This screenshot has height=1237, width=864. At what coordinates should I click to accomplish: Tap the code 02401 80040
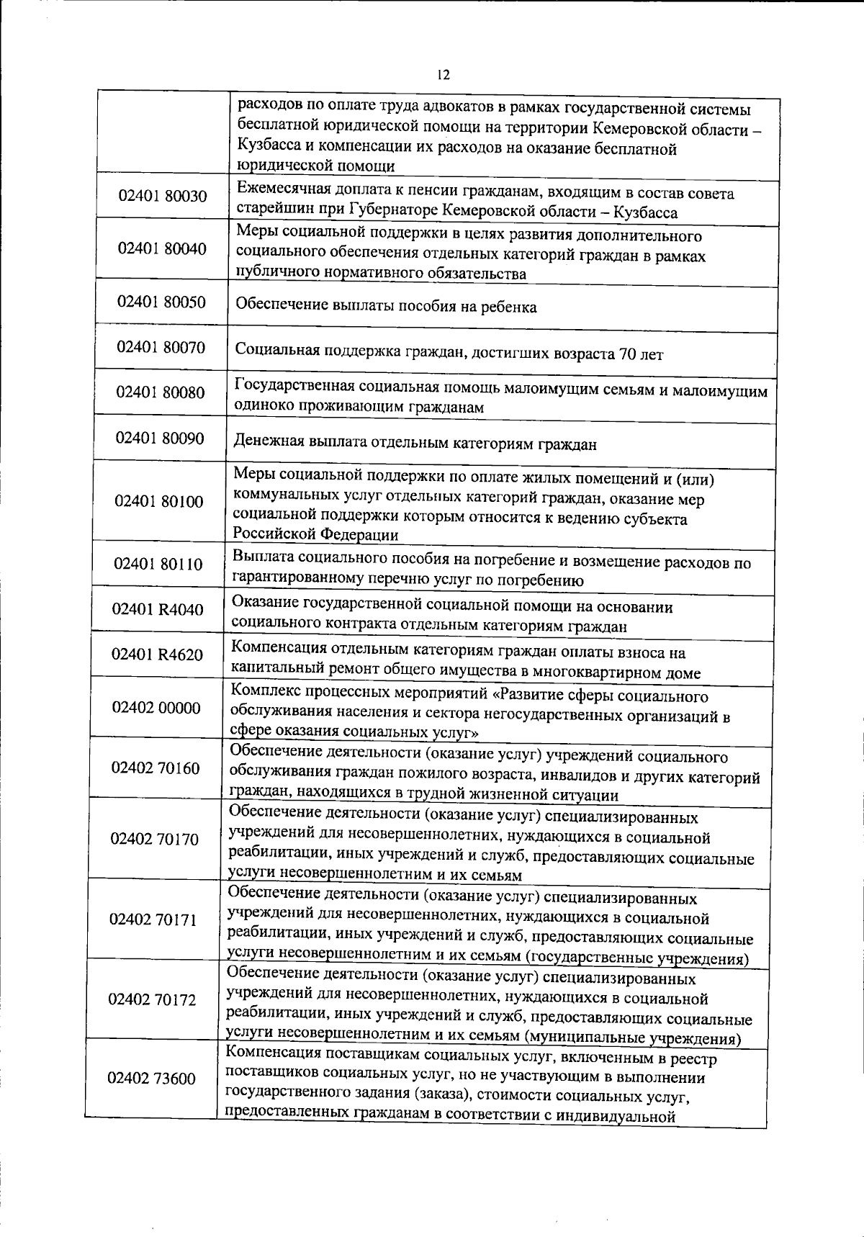click(x=162, y=249)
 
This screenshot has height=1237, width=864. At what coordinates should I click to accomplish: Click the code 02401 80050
click(x=161, y=302)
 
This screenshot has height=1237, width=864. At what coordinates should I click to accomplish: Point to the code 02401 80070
click(x=161, y=348)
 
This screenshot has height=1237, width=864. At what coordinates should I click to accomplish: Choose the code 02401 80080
click(x=161, y=392)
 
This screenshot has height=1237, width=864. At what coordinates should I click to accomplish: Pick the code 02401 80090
click(x=160, y=438)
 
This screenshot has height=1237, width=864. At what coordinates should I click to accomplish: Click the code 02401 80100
click(x=159, y=502)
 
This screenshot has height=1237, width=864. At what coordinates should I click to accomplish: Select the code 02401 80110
click(x=158, y=564)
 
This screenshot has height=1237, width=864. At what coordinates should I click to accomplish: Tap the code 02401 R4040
click(x=158, y=610)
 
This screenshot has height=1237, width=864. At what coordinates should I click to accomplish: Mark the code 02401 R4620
click(x=157, y=655)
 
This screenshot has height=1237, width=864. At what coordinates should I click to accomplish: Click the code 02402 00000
click(x=156, y=708)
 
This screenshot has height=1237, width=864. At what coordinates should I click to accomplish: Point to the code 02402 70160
click(x=156, y=768)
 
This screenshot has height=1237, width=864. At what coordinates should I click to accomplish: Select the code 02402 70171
click(x=153, y=920)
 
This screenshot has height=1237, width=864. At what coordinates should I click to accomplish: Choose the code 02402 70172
click(x=152, y=1000)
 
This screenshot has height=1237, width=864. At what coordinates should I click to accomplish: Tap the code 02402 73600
click(x=151, y=1079)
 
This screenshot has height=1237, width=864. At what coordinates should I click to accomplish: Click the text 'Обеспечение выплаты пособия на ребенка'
click(x=386, y=307)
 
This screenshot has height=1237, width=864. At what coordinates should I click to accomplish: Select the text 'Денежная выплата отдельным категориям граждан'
click(x=414, y=444)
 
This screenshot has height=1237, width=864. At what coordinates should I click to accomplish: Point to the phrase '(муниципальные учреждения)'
click(x=632, y=1039)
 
